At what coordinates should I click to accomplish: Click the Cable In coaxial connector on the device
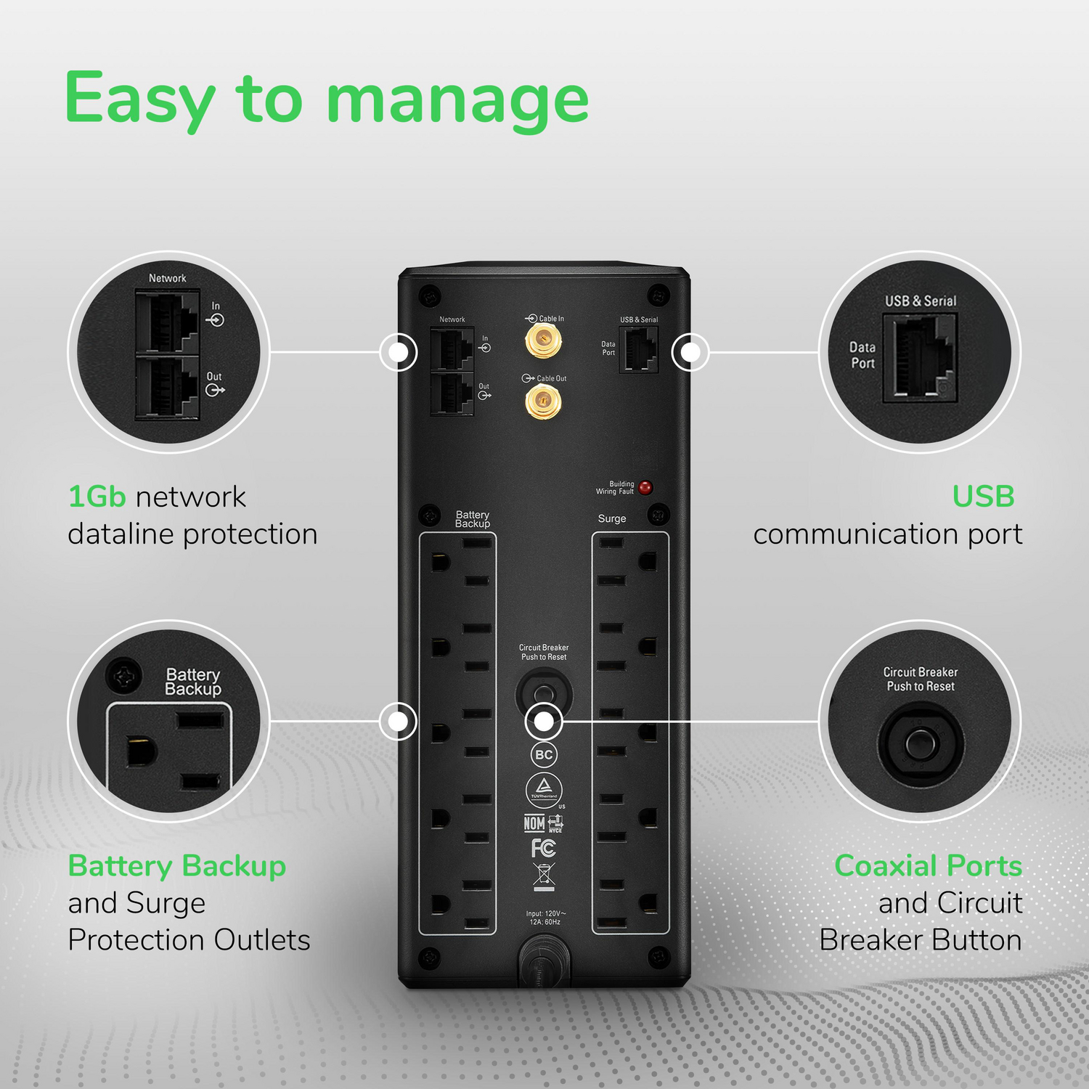tap(542, 340)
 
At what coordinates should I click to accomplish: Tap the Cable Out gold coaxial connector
tap(542, 401)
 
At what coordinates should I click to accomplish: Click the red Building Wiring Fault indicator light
tap(645, 487)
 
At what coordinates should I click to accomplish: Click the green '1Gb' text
tap(97, 497)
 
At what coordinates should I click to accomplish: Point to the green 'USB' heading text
tap(983, 497)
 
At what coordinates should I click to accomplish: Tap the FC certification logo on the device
tap(543, 848)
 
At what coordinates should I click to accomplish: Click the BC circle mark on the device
tap(544, 755)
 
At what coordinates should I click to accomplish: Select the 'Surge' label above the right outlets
tap(611, 518)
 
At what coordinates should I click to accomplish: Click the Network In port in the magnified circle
tap(168, 322)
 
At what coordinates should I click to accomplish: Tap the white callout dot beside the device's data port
tap(690, 352)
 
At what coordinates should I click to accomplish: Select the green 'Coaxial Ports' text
tap(928, 865)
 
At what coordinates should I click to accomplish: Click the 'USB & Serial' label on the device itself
tap(639, 319)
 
